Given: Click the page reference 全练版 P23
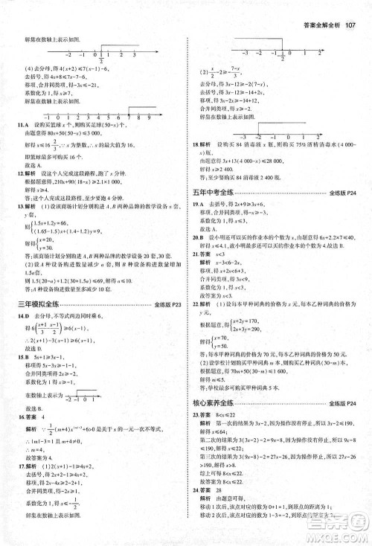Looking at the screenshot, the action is pyautogui.click(x=164, y=305).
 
